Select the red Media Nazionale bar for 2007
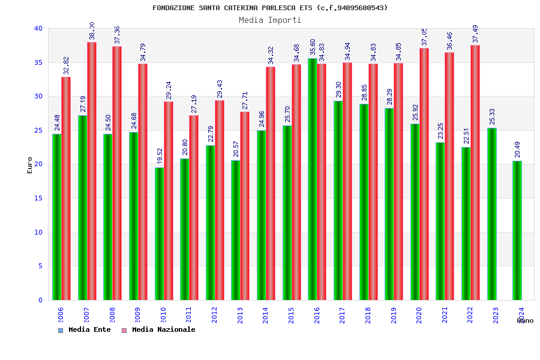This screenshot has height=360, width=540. click(x=92, y=171)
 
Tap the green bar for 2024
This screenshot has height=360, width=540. click(x=517, y=230)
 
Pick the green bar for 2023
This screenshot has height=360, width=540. click(x=492, y=214)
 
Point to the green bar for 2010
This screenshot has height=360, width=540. click(x=160, y=233)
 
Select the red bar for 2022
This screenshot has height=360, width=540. click(x=475, y=172)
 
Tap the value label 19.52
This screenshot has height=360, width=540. click(x=160, y=156)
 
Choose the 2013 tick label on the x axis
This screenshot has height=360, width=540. click(x=240, y=316)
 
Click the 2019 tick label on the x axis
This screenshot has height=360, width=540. click(x=394, y=316)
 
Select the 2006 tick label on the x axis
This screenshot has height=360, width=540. click(x=61, y=316)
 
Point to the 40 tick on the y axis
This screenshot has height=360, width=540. click(x=38, y=28)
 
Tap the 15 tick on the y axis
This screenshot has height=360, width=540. click(x=38, y=198)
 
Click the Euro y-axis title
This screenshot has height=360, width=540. click(x=30, y=165)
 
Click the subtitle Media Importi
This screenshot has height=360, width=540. click(x=270, y=20)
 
